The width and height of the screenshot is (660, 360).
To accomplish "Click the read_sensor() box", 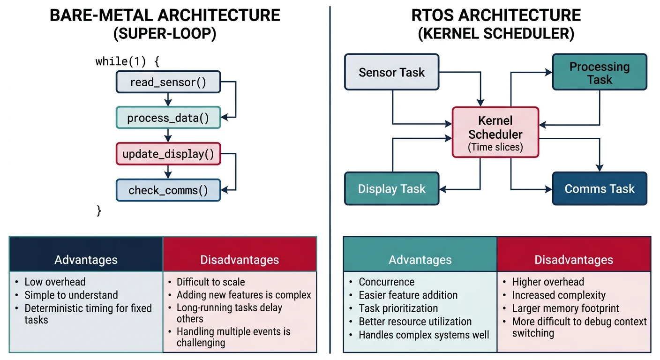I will pyautogui.click(x=168, y=82).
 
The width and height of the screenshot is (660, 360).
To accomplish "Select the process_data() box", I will pyautogui.click(x=168, y=118).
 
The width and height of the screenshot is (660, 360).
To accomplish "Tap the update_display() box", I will pyautogui.click(x=168, y=154).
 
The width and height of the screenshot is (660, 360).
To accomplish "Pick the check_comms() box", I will pyautogui.click(x=168, y=190).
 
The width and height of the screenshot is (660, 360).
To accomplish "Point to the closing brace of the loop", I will pyautogui.click(x=99, y=211).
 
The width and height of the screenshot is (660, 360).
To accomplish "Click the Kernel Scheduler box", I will pyautogui.click(x=495, y=132).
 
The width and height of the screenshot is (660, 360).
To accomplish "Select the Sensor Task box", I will pyautogui.click(x=391, y=72).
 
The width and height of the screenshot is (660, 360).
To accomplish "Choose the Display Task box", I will pyautogui.click(x=391, y=188).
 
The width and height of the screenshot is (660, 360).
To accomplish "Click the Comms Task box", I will pyautogui.click(x=599, y=188).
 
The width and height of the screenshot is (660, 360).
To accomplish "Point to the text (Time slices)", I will pyautogui.click(x=495, y=147).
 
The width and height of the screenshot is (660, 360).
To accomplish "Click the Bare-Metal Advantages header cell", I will pyautogui.click(x=86, y=259).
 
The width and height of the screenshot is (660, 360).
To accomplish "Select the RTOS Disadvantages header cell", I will pyautogui.click(x=573, y=259).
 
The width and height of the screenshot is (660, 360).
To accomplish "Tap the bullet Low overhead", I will pyautogui.click(x=55, y=282).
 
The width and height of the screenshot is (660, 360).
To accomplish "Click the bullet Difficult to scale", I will pyautogui.click(x=210, y=282).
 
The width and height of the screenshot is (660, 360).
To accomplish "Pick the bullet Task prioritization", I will pyautogui.click(x=398, y=308).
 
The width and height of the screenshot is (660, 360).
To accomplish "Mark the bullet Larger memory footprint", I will pyautogui.click(x=565, y=308).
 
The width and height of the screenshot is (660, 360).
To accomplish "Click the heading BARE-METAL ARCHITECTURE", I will pyautogui.click(x=165, y=15).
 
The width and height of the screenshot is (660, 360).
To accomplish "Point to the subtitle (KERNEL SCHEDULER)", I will pyautogui.click(x=496, y=34).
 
